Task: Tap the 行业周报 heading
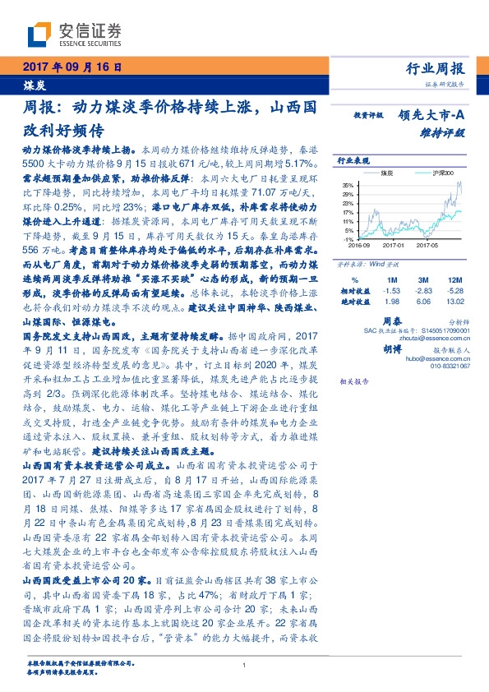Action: click(435, 68)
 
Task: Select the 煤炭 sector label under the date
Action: click(32, 85)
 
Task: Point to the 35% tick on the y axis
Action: click(348, 185)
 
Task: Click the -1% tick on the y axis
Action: click(348, 238)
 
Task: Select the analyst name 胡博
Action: click(390, 347)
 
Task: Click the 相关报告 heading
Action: click(354, 382)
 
